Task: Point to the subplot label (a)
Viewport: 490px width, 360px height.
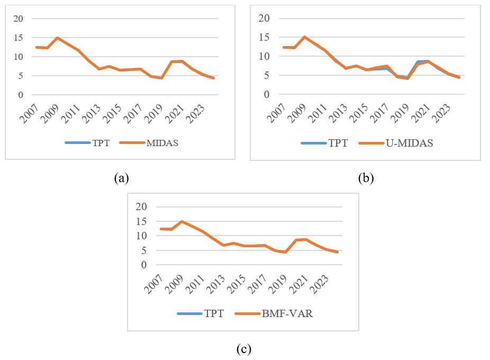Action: click(x=122, y=178)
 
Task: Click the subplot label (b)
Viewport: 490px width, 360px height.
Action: click(x=366, y=178)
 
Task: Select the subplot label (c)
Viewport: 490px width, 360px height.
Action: click(x=244, y=349)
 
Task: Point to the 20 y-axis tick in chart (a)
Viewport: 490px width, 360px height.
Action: click(x=19, y=19)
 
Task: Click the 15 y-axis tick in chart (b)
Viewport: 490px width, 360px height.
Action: click(x=263, y=38)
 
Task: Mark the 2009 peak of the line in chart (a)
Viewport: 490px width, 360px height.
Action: click(x=57, y=38)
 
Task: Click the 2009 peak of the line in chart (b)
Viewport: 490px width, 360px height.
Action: click(x=304, y=37)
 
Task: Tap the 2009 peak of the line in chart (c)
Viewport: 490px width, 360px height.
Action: click(x=182, y=221)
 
